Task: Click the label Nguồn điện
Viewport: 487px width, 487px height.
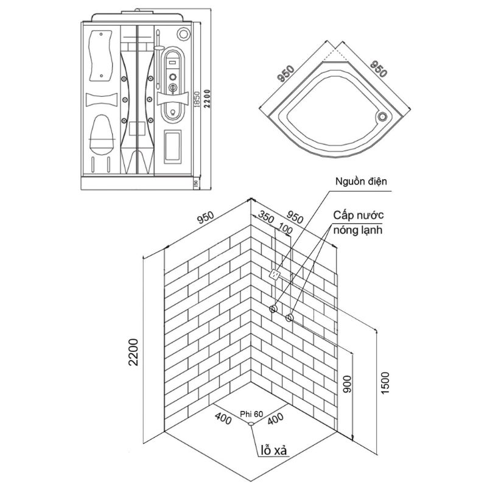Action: (x=360, y=182)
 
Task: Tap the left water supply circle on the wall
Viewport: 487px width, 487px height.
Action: (x=274, y=309)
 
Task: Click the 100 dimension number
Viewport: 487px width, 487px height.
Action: (x=284, y=228)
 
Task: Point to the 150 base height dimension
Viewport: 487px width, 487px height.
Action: (x=195, y=183)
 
